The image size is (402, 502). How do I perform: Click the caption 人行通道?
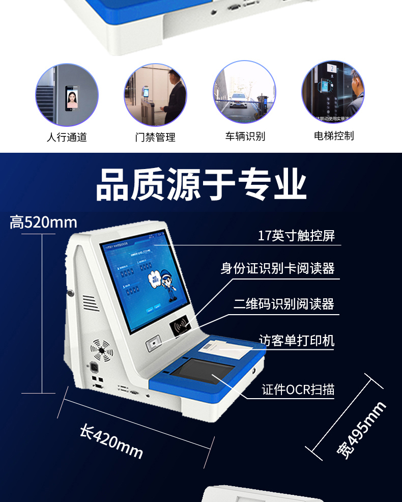[x=67, y=137]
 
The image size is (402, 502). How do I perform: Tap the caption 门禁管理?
[x=155, y=137]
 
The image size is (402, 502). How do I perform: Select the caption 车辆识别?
[x=245, y=136]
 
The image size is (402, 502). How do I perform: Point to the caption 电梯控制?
[x=334, y=136]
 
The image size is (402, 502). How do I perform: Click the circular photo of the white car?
[x=244, y=92]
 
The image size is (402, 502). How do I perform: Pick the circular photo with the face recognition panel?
[x=67, y=95]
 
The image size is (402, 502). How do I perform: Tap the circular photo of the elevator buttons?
[x=333, y=92]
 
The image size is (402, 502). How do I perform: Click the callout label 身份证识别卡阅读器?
[x=277, y=268]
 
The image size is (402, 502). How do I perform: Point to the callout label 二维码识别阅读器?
[x=284, y=304]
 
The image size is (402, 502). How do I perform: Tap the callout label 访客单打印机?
[x=297, y=340]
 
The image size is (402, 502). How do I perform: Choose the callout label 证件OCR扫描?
[x=298, y=389]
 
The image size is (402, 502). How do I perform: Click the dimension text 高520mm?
[x=43, y=222]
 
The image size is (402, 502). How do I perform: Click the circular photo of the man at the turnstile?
[x=155, y=95]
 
